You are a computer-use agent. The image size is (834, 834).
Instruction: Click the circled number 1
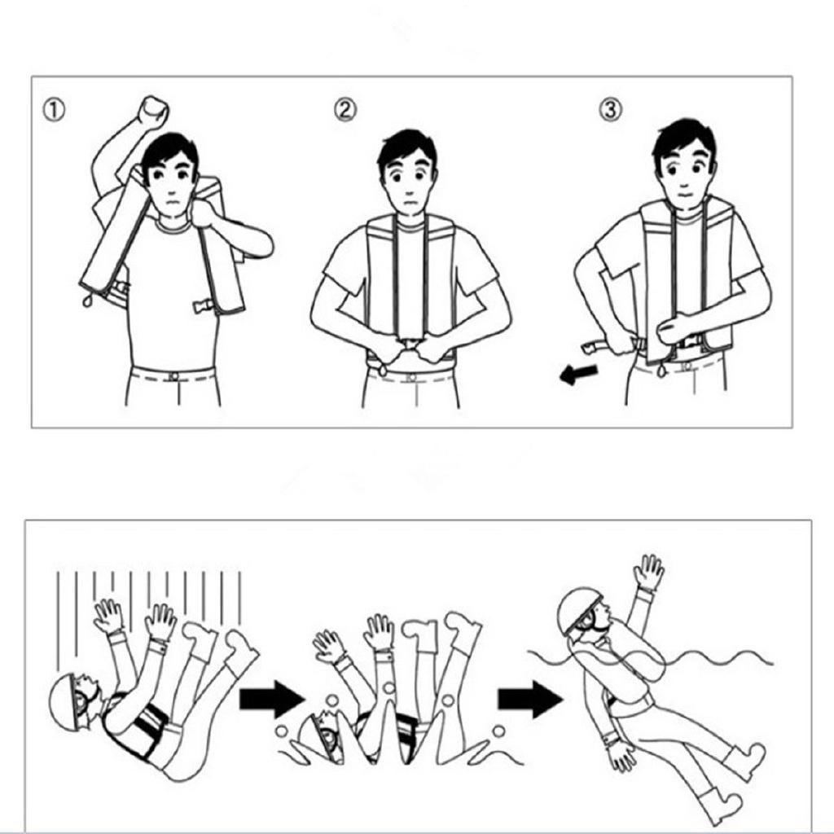54,111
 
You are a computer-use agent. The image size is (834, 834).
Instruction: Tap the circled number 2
345,110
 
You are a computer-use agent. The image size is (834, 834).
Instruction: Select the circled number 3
611,110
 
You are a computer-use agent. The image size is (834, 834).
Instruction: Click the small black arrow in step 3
579,374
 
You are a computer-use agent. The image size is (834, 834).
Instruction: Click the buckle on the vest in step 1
203,307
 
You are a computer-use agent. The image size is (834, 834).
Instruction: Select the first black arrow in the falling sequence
271,698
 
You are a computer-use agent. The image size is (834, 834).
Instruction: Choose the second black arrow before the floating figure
529,698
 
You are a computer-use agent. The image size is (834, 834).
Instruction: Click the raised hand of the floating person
649,573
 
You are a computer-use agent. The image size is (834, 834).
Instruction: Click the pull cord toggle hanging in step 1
87,301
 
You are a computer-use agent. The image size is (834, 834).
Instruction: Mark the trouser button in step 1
173,375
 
